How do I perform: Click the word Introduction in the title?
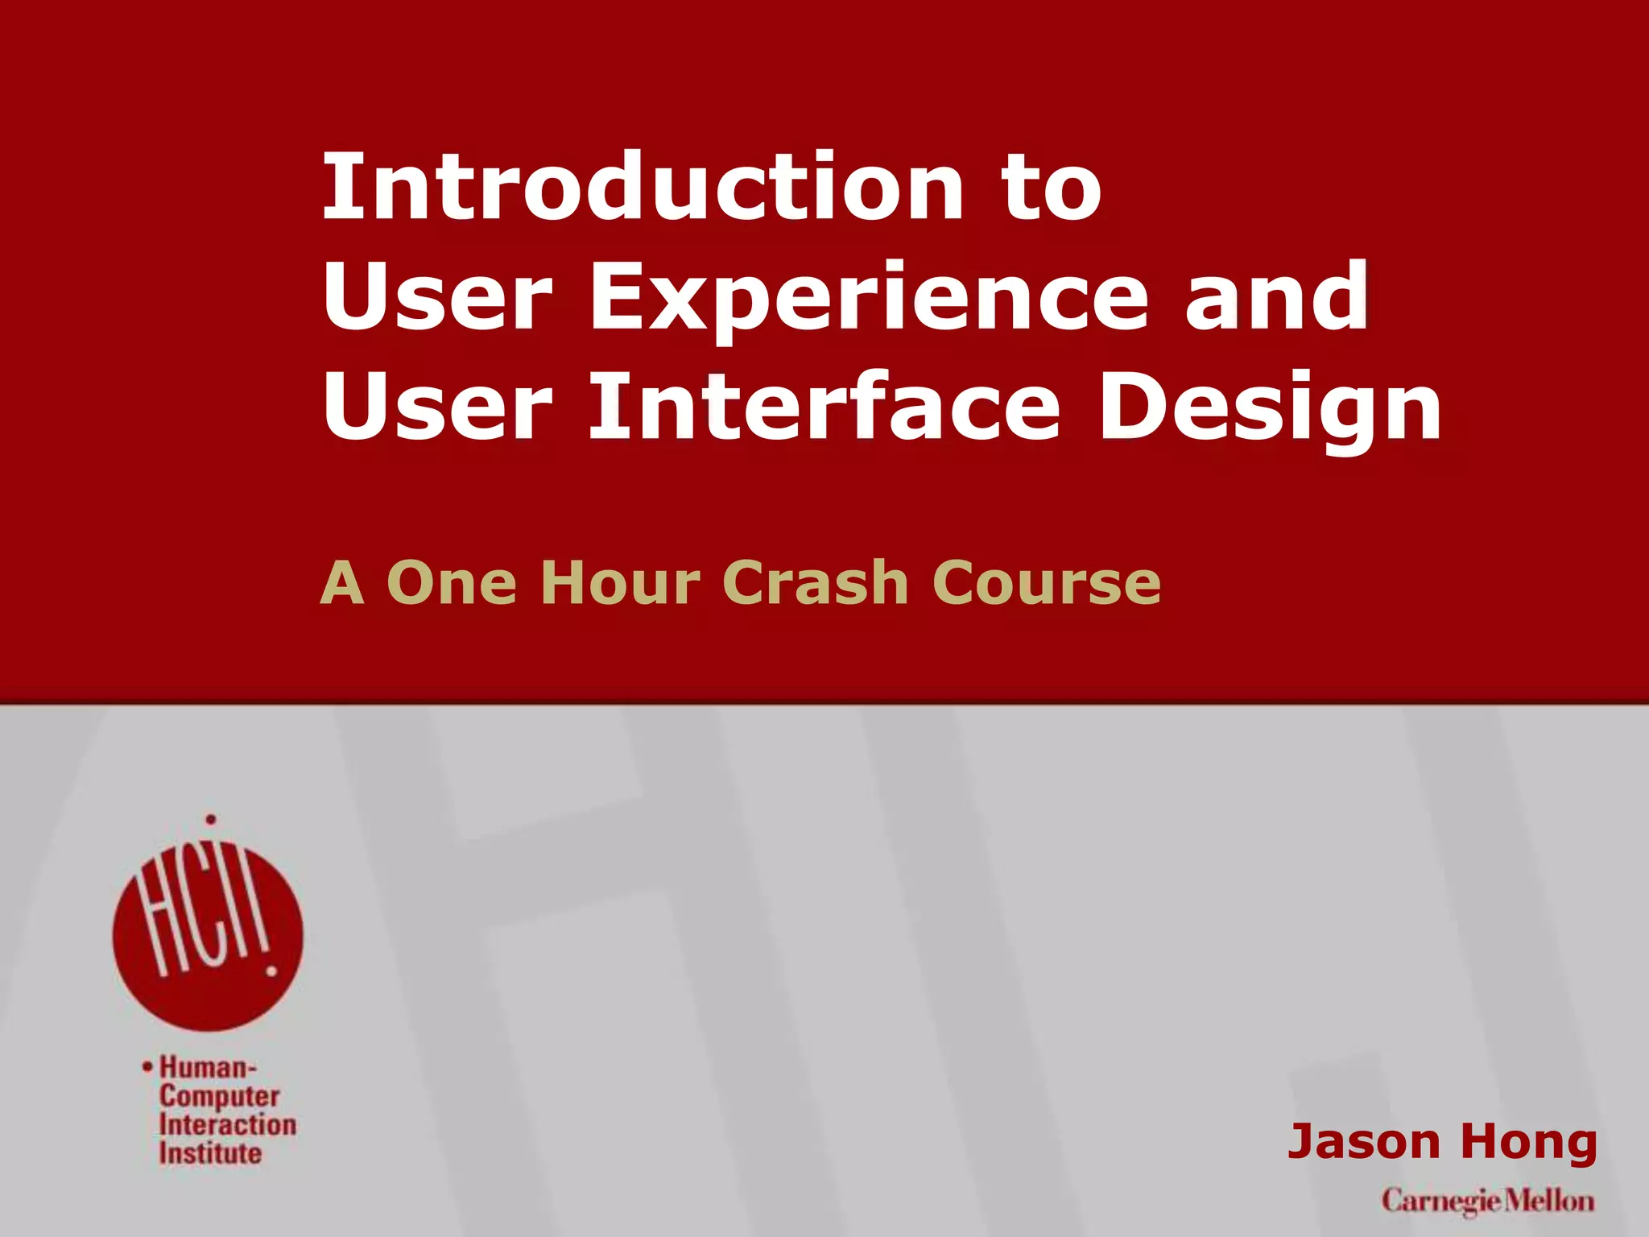pos(643,187)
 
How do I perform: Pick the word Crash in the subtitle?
pos(816,582)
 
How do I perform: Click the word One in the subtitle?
pos(452,582)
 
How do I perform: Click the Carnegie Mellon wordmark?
pos(1487,1202)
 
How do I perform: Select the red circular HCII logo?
pos(208,934)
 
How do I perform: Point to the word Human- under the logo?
pos(208,1067)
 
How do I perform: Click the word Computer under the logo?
pos(219,1096)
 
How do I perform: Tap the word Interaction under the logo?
pos(227,1124)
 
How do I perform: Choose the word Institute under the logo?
pos(210,1153)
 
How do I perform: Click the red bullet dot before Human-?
pos(147,1067)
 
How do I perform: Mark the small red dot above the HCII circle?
pos(211,820)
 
